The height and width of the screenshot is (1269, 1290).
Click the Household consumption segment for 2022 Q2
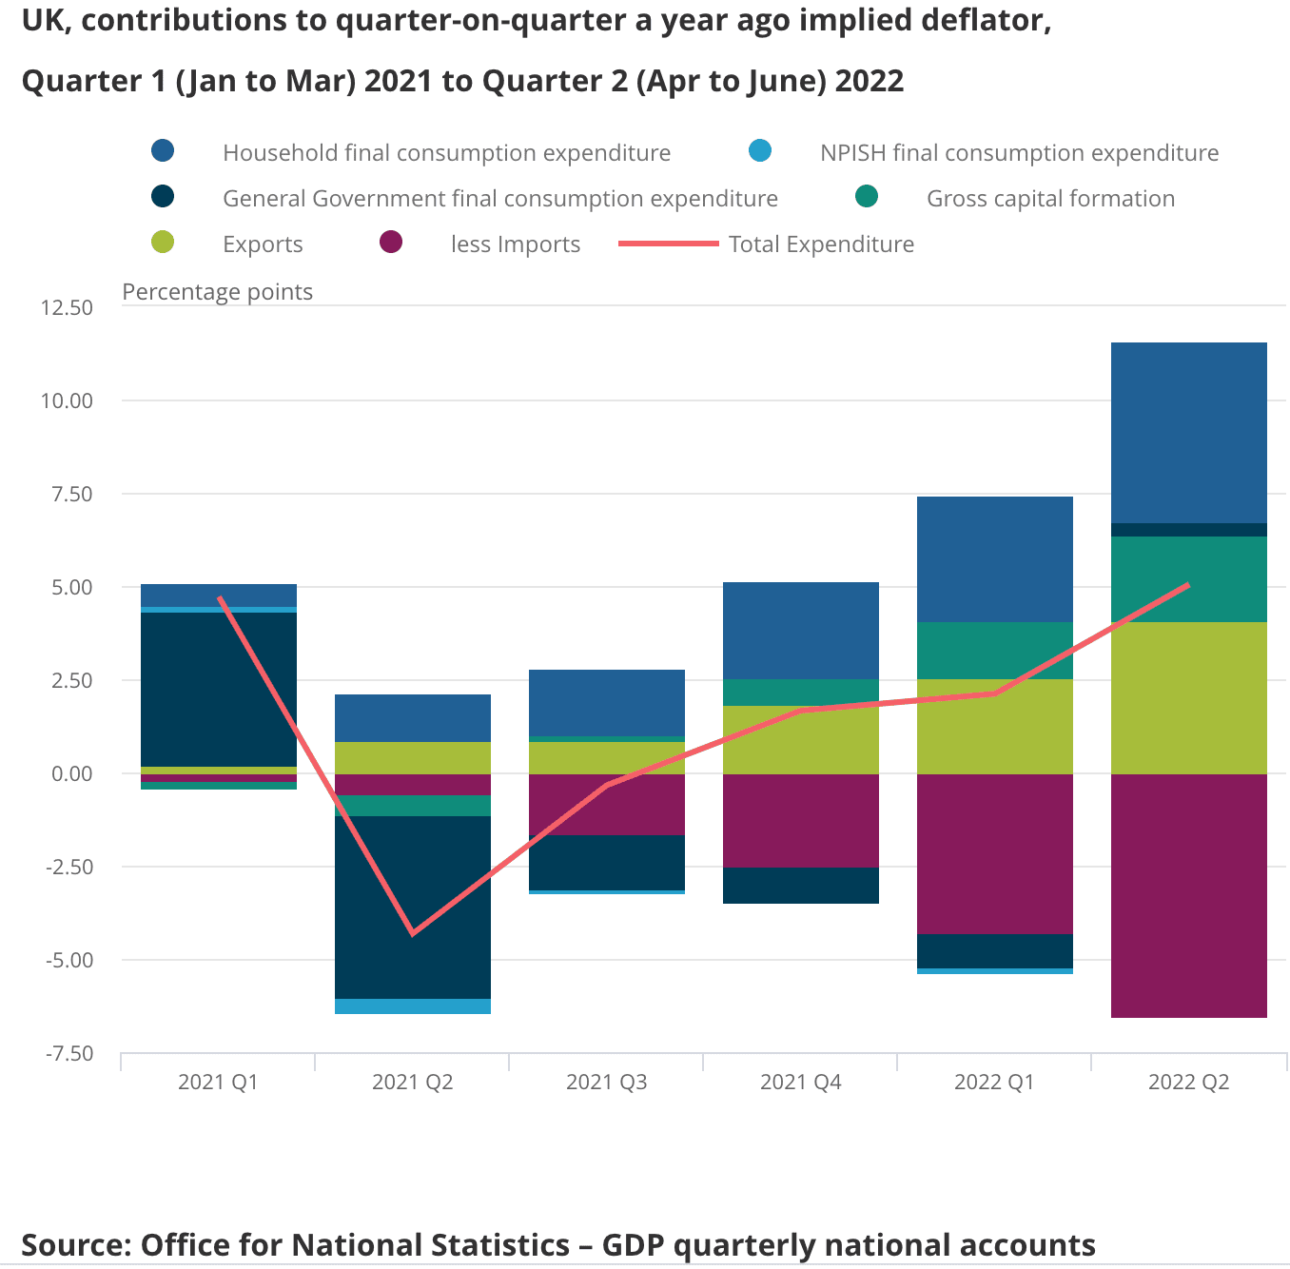[1188, 433]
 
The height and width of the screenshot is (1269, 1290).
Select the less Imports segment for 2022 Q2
[1188, 895]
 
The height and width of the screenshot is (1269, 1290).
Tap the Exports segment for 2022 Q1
[994, 726]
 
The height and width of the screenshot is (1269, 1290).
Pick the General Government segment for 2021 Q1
[218, 689]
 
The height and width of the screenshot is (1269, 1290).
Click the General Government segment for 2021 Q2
[412, 907]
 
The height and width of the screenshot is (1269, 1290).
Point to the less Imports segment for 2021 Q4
[800, 820]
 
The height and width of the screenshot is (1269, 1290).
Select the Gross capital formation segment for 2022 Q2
[1188, 579]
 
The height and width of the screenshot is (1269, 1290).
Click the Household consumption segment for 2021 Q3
[606, 702]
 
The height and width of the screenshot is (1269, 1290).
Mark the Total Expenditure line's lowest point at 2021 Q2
[412, 933]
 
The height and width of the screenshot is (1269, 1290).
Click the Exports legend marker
[163, 243]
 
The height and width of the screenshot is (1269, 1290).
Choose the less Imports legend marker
[391, 243]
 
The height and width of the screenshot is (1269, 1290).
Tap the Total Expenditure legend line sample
[668, 244]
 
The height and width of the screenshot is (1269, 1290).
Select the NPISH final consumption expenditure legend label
[1019, 153]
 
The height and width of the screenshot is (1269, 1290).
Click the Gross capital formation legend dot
[867, 197]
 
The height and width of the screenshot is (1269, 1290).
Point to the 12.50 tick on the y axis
[67, 307]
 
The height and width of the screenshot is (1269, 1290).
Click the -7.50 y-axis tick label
[68, 1053]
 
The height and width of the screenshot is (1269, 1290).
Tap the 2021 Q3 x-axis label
[606, 1082]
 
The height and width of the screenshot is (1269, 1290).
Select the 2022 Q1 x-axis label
[994, 1082]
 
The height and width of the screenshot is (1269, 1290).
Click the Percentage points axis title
[217, 292]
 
